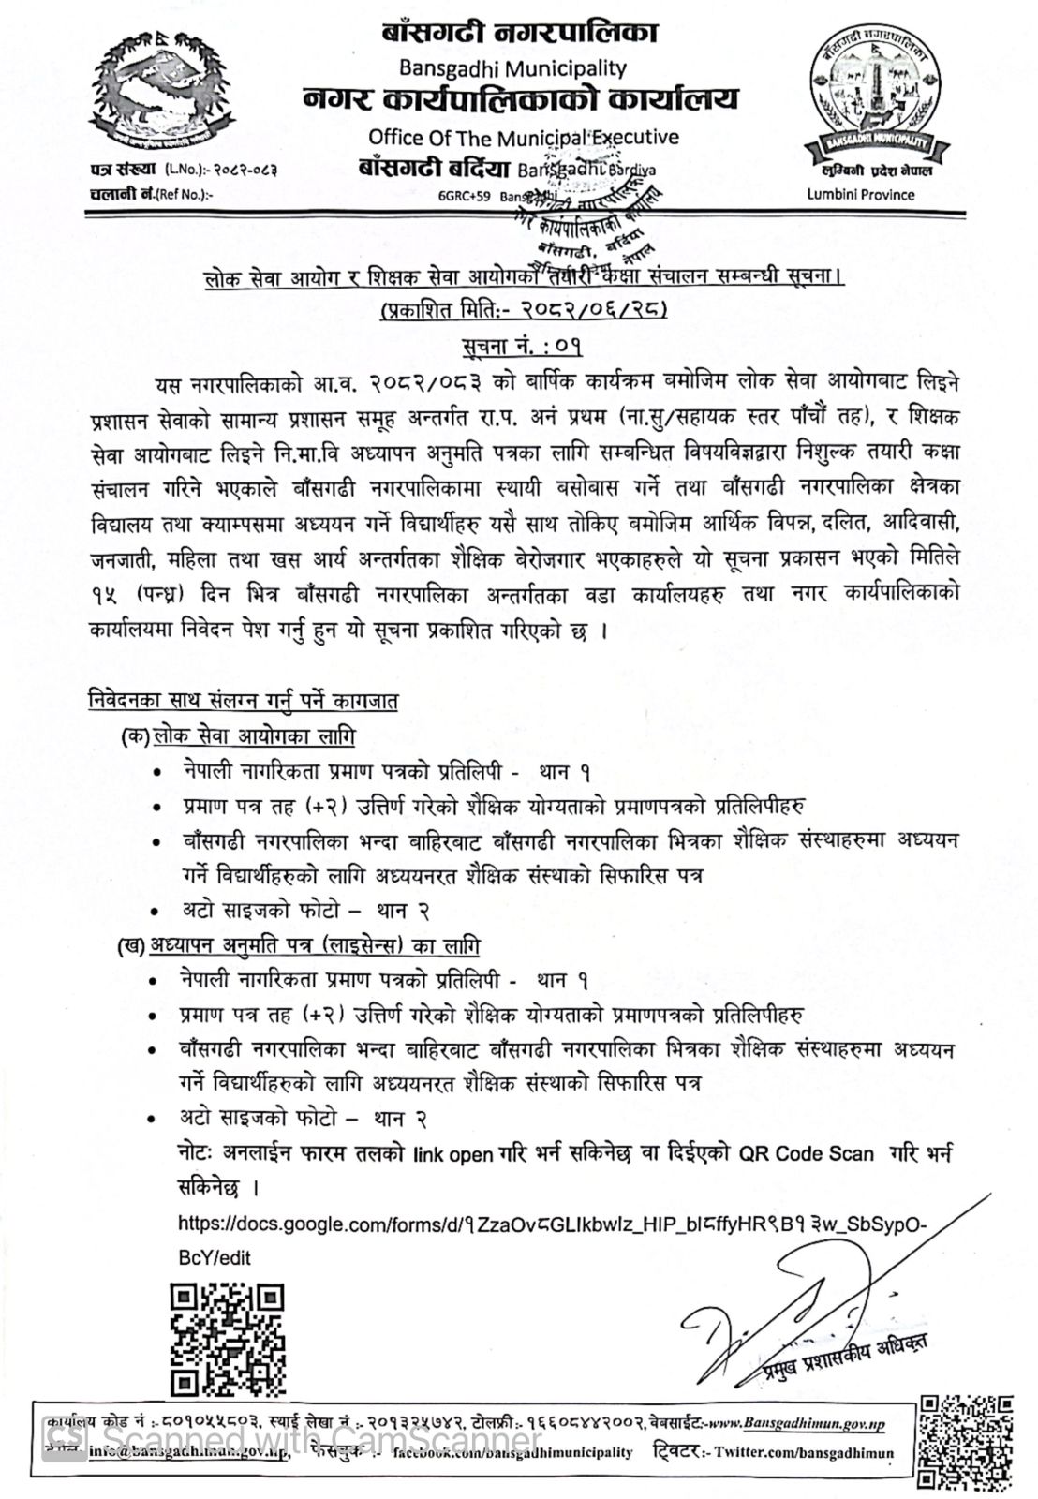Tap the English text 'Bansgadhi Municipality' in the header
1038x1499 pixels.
(512, 67)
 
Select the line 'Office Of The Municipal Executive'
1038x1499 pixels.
(523, 138)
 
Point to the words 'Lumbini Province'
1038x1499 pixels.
(861, 194)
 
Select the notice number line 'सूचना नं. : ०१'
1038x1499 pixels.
(521, 347)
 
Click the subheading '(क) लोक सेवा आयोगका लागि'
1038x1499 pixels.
(239, 736)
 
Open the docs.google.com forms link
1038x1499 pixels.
(553, 1224)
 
